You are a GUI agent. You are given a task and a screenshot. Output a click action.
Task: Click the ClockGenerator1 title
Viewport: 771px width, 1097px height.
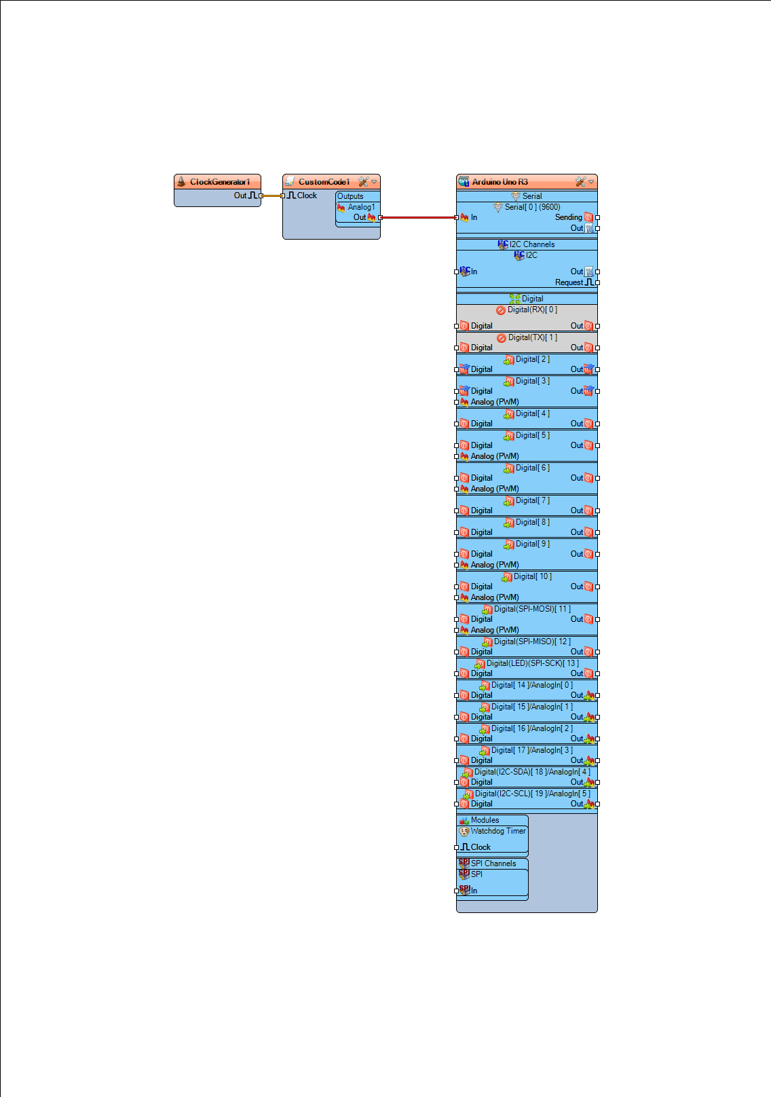pos(220,182)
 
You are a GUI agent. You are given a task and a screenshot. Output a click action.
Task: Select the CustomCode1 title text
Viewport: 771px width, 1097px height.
pos(324,182)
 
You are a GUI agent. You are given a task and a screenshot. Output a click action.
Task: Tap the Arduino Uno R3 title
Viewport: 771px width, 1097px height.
pos(500,182)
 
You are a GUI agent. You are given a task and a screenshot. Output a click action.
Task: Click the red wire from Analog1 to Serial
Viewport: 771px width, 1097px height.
pos(419,217)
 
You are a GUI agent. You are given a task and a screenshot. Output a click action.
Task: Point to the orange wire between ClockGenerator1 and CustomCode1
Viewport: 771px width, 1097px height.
pos(271,196)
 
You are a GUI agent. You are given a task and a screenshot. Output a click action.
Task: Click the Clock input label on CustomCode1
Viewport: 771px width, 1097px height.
pos(307,196)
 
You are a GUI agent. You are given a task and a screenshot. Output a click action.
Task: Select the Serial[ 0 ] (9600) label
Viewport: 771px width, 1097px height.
pos(533,207)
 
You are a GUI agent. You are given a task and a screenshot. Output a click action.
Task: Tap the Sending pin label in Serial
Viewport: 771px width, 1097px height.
pos(568,217)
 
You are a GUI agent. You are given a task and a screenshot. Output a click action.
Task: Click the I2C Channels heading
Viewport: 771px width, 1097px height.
pos(532,244)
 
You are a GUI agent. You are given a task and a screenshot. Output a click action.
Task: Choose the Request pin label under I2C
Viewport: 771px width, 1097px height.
pos(569,282)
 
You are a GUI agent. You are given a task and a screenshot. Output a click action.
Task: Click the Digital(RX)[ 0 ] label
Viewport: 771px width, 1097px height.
pos(532,310)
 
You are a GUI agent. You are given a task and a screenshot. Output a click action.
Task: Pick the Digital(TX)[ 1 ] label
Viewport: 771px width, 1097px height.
pos(533,337)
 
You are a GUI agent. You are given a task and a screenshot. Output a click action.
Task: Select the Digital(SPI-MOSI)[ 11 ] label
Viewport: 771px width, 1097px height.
pos(532,609)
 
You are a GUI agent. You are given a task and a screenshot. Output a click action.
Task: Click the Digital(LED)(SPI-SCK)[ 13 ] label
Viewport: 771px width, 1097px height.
pos(533,663)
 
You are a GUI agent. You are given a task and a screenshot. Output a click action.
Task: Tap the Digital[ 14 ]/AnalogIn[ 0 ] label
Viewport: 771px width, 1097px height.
pos(532,685)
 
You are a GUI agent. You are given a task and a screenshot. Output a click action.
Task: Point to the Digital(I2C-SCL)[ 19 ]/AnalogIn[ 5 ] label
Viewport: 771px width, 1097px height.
pos(533,794)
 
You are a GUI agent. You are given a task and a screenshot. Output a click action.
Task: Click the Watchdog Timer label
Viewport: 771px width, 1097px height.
pos(498,831)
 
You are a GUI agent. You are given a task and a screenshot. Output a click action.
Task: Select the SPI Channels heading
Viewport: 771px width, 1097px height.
pos(493,863)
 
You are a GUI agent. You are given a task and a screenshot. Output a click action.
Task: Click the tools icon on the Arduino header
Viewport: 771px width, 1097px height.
pos(580,182)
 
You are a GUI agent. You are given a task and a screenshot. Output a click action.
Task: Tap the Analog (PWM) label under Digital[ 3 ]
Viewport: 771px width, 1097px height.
pos(495,402)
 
